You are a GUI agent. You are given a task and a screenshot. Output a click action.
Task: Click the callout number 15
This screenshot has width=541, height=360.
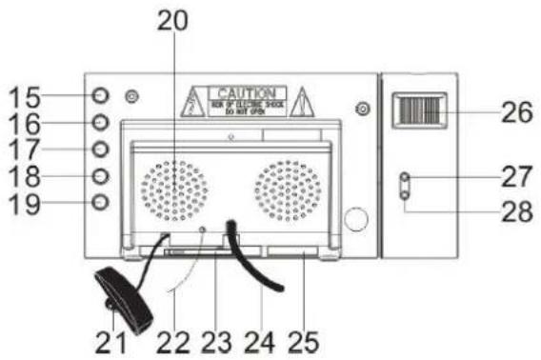(29, 96)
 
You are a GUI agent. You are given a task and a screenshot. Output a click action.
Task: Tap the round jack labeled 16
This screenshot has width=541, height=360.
(101, 123)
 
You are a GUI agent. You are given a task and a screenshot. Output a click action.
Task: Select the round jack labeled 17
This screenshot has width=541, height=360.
(101, 150)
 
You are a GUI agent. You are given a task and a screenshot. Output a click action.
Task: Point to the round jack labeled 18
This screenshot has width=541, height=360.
(101, 176)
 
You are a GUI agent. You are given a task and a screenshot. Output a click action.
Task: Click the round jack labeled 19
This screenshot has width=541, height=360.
(101, 202)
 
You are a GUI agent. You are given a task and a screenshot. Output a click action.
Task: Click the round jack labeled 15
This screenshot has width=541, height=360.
(101, 96)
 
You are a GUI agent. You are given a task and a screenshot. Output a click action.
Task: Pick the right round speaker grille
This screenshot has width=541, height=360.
(287, 188)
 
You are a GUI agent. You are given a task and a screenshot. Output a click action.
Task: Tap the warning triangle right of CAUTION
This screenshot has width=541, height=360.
(303, 100)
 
